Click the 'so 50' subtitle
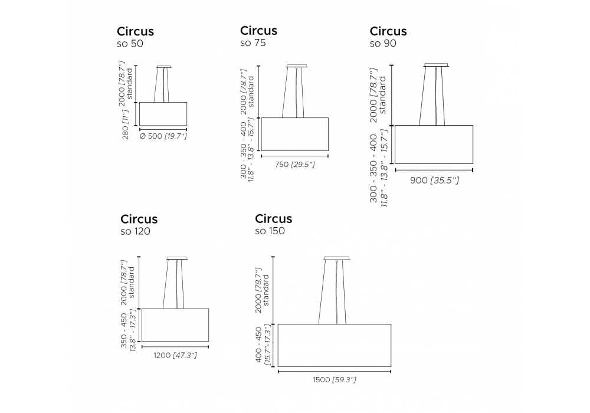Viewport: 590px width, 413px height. click(130, 44)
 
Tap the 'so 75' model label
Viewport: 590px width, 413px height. click(253, 43)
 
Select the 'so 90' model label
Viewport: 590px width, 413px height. click(383, 43)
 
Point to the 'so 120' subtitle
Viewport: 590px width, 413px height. click(136, 231)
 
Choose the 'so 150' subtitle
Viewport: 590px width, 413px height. click(270, 231)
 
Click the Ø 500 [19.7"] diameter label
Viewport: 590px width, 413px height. click(163, 136)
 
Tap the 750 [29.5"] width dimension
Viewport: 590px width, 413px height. click(294, 165)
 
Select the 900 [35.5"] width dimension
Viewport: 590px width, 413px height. click(435, 180)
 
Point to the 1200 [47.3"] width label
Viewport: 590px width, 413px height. click(175, 355)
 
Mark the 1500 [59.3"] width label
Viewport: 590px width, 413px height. click(335, 379)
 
